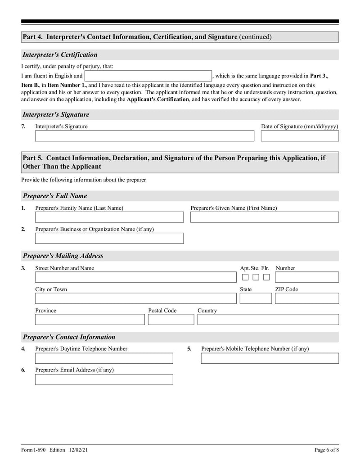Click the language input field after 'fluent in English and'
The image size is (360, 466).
148,76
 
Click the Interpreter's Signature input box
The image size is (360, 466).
144,136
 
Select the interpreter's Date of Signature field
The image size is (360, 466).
300,136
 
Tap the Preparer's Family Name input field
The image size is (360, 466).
109,217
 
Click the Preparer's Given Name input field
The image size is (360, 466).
264,217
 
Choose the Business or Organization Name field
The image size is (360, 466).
109,238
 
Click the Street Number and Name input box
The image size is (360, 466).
135,277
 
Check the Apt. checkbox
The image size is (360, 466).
245,277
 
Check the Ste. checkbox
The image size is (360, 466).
256,277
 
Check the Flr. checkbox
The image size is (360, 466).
266,277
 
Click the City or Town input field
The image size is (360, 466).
135,298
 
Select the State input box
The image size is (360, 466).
256,298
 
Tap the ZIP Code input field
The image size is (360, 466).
307,298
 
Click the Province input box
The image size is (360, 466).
90,319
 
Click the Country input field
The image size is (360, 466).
268,319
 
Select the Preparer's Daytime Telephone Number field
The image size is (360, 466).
104,358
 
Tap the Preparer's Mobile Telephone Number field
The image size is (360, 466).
270,358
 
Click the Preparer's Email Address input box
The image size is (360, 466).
104,380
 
